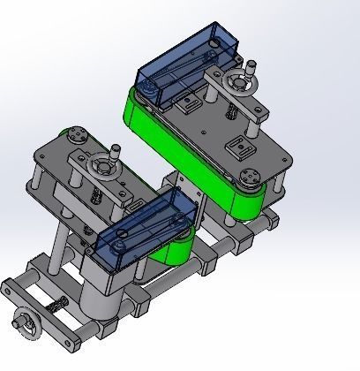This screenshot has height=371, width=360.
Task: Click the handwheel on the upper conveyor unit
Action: [x=237, y=86]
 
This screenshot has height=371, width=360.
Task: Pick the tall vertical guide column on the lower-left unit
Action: [x=59, y=247]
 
